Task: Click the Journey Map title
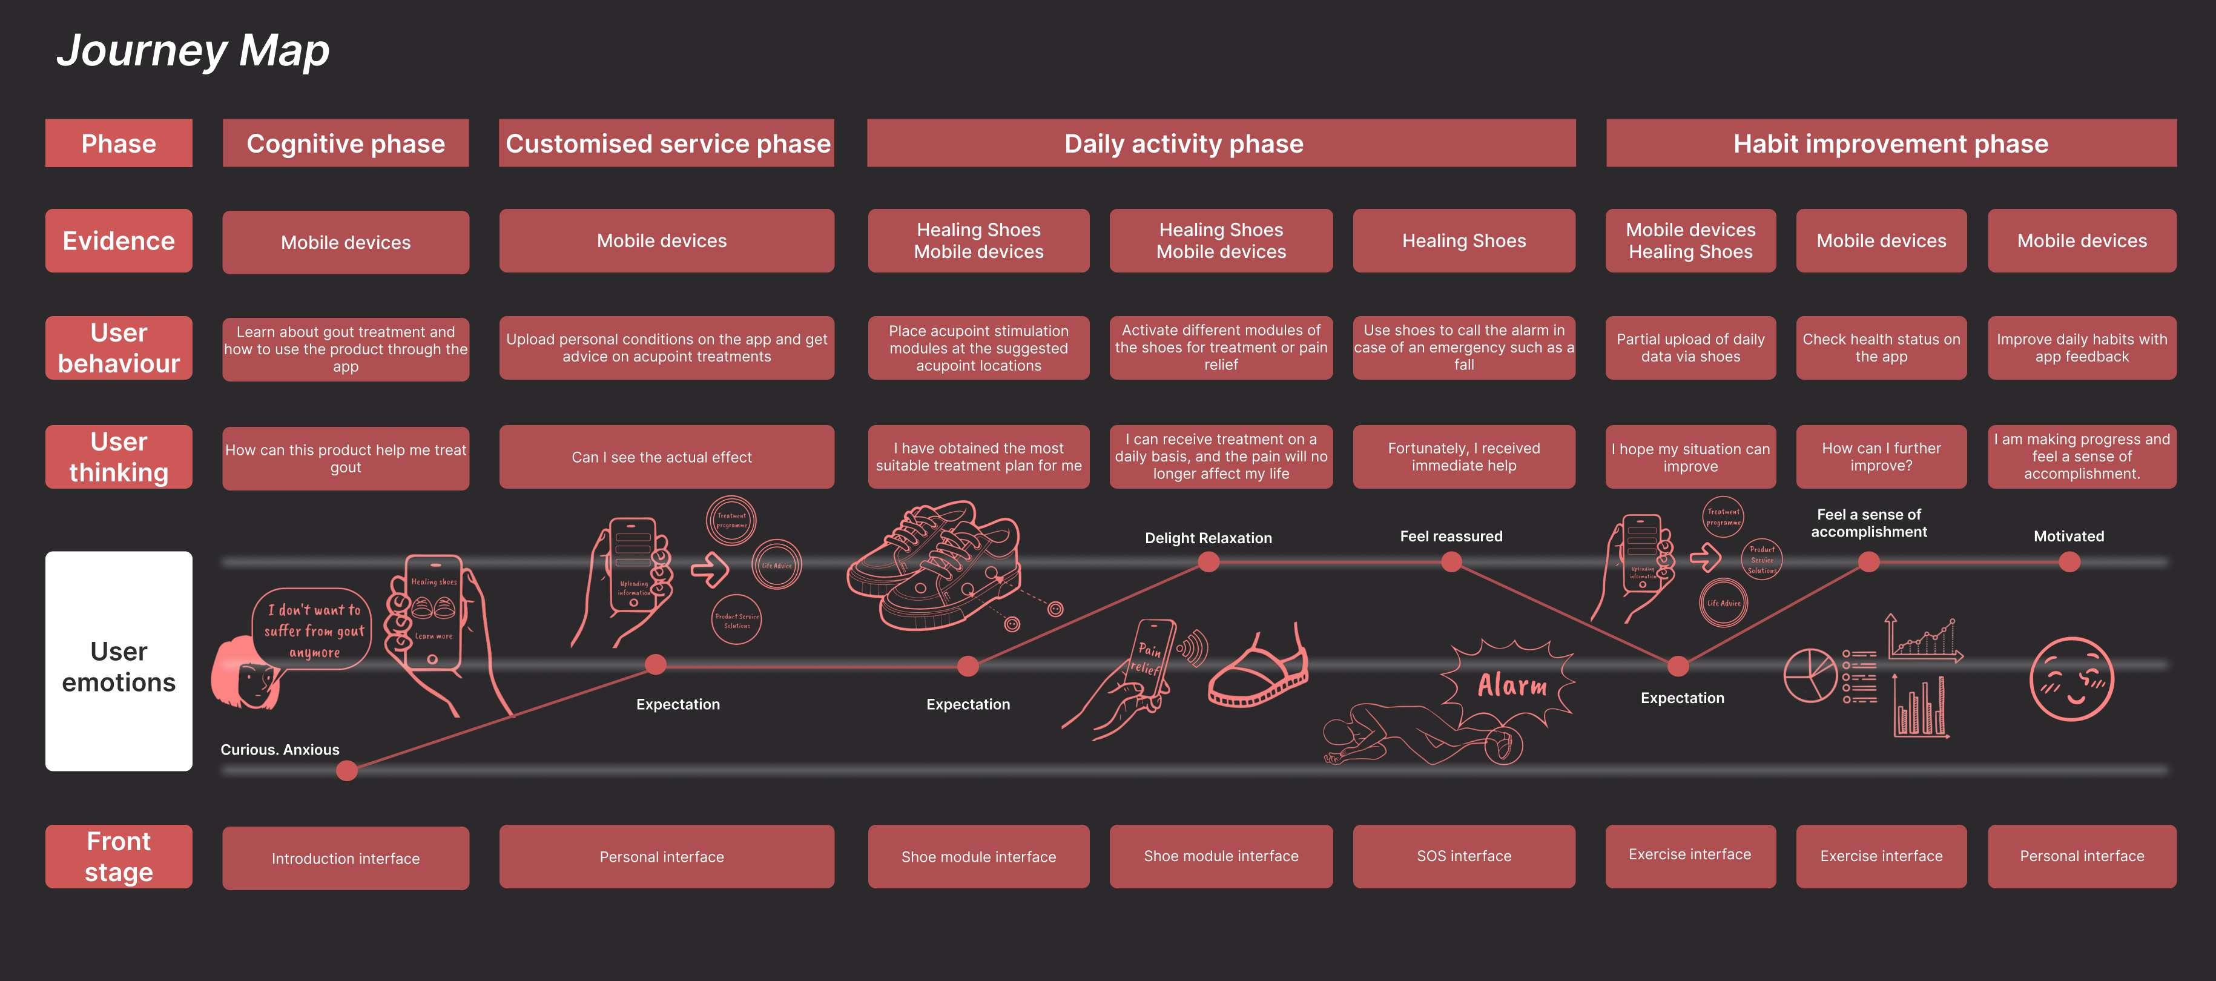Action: tap(193, 51)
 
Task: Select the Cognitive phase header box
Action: tap(345, 143)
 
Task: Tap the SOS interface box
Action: tap(1463, 856)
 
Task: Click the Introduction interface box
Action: tap(345, 858)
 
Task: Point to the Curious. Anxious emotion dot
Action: tap(347, 770)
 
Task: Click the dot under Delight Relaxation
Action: tap(1208, 562)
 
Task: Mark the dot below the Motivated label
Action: tap(2069, 562)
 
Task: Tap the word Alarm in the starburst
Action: tap(1511, 686)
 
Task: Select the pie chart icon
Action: tap(1810, 676)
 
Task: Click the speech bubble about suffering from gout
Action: tap(313, 630)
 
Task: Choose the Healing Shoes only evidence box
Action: tap(1463, 241)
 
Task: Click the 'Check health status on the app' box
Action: tap(1881, 348)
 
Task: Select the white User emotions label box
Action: tap(119, 661)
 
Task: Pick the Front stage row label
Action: tap(119, 856)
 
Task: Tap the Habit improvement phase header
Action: tap(1890, 143)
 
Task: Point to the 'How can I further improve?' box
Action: tap(1881, 457)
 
